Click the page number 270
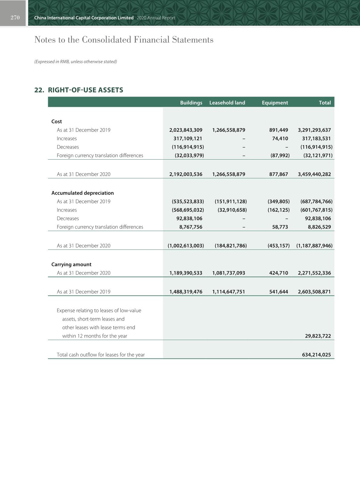click(x=15, y=18)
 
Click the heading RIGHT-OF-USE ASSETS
click(x=86, y=90)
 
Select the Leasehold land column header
click(x=227, y=103)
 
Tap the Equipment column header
click(x=275, y=103)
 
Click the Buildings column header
click(x=191, y=103)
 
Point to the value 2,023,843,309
click(x=186, y=130)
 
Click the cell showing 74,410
click(x=279, y=138)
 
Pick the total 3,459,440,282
click(x=314, y=174)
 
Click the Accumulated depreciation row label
click(x=83, y=193)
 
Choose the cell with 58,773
click(x=280, y=227)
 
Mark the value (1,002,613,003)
click(x=186, y=246)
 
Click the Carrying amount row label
click(x=71, y=264)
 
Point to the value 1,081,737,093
click(x=229, y=273)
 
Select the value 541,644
click(x=279, y=292)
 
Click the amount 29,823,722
click(x=318, y=336)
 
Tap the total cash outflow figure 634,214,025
click(x=316, y=355)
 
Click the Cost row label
click(x=57, y=121)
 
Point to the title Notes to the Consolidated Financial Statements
click(x=124, y=40)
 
